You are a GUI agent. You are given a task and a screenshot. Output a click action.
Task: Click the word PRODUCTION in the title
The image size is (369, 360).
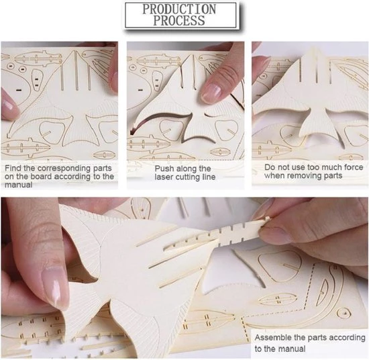click(x=179, y=9)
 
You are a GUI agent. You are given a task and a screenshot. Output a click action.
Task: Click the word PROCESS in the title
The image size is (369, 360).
click(x=179, y=21)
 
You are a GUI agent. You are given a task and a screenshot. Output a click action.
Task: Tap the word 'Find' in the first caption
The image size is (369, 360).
click(x=13, y=168)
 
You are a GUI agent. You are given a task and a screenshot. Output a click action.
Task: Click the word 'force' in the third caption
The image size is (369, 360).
click(x=354, y=167)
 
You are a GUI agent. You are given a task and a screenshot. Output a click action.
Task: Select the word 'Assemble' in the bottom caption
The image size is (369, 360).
click(x=270, y=337)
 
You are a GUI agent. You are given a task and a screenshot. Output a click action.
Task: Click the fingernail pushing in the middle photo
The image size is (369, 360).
click(x=211, y=93)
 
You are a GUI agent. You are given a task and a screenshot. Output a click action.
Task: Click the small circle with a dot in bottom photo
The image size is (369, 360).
click(x=344, y=313)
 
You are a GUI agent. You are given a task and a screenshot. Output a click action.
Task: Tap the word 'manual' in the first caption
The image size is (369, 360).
click(x=18, y=185)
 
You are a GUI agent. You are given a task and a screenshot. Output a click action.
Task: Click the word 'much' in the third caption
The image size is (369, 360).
click(x=333, y=167)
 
